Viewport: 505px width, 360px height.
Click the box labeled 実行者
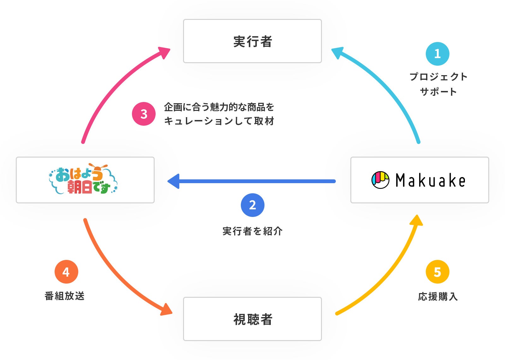(252, 41)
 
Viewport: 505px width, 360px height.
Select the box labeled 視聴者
(252, 319)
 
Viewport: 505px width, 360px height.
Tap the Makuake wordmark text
(430, 180)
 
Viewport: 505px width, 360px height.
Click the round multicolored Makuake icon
(380, 180)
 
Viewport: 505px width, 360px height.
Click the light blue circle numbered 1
(437, 54)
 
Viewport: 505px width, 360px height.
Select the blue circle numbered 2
(252, 205)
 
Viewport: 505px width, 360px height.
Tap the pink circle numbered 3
(144, 114)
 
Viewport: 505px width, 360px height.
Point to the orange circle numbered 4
(66, 272)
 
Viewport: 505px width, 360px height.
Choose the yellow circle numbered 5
(437, 272)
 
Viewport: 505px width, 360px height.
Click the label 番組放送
(65, 296)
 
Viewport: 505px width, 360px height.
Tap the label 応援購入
(437, 297)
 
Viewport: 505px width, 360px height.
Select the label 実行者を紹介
(252, 231)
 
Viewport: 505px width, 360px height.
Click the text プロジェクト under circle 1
(438, 77)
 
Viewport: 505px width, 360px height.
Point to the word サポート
(438, 92)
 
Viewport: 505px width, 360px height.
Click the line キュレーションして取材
(219, 121)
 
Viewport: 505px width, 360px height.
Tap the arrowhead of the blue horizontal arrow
(174, 181)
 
